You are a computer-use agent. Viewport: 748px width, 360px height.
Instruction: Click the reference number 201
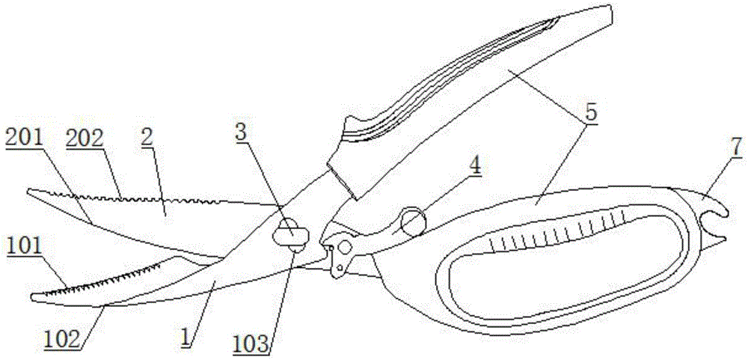[23, 137]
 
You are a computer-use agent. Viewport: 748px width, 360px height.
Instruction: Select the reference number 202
[84, 138]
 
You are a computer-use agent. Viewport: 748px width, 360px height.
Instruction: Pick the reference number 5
[591, 114]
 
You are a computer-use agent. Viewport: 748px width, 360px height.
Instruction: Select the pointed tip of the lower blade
[33, 297]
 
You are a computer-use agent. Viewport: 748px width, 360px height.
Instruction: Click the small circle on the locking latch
[345, 248]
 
